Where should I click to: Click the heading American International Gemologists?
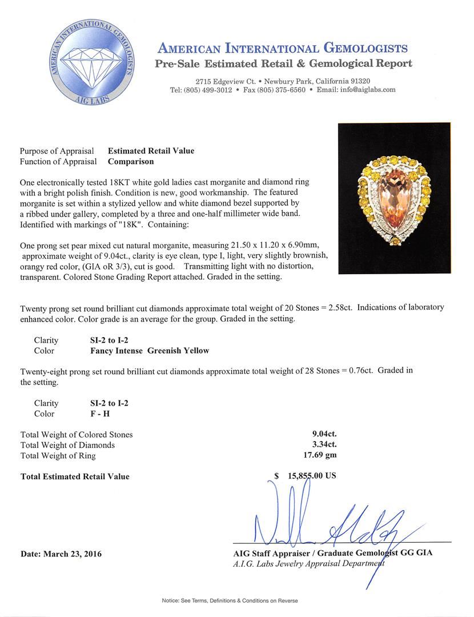pos(282,48)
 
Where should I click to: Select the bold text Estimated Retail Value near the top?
pos(151,151)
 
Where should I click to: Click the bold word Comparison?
pos(131,162)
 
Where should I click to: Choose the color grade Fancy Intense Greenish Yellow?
pos(146,351)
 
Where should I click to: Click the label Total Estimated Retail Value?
pos(75,476)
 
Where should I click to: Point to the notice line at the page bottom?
pos(230,600)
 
